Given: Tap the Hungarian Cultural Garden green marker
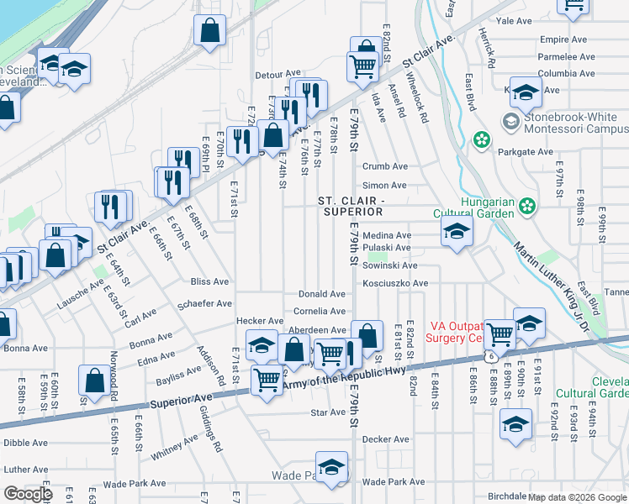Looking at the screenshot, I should pyautogui.click(x=527, y=204).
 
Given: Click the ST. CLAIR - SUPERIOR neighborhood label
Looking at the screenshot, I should pyautogui.click(x=351, y=206).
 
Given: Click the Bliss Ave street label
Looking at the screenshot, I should pyautogui.click(x=209, y=281).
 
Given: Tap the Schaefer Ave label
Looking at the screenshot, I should pyautogui.click(x=206, y=303).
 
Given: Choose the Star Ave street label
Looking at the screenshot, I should pyautogui.click(x=328, y=412).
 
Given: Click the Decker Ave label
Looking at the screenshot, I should pyautogui.click(x=385, y=438).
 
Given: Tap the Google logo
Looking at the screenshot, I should pyautogui.click(x=28, y=493).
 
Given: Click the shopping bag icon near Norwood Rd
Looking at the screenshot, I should pyautogui.click(x=93, y=380).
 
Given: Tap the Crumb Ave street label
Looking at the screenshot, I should pyautogui.click(x=384, y=166).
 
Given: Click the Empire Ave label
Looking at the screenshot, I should pyautogui.click(x=563, y=39).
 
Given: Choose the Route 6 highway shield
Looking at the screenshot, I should pyautogui.click(x=489, y=356).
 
